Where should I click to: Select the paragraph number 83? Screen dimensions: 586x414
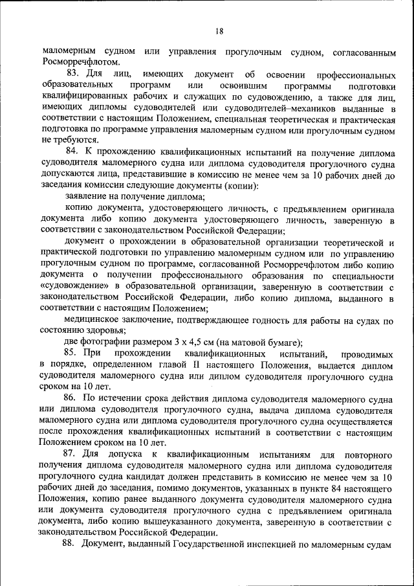(72, 74)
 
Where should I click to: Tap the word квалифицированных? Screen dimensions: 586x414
(81, 96)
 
